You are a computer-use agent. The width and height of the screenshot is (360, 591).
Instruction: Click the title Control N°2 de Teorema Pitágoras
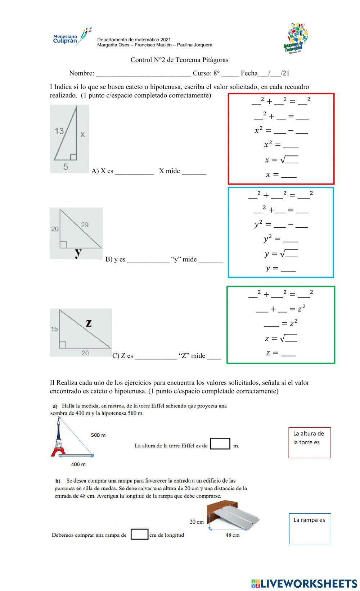tap(179, 60)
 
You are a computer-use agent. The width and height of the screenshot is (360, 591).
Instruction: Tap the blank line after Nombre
tap(143, 74)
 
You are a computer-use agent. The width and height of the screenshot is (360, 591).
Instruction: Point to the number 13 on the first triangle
tap(59, 131)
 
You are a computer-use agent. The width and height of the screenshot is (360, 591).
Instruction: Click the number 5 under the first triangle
tap(66, 167)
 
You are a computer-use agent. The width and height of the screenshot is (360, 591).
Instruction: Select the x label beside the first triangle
tap(82, 135)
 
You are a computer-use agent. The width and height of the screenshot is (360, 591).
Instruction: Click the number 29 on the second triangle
tap(85, 225)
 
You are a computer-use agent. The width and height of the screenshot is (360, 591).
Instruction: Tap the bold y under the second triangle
tap(78, 253)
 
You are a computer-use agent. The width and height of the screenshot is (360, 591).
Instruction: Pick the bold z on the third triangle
tap(89, 323)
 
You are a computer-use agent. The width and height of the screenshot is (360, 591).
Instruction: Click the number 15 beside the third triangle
tap(54, 329)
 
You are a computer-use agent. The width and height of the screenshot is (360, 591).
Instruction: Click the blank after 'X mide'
tap(194, 172)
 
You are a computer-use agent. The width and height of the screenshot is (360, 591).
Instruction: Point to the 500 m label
tap(98, 435)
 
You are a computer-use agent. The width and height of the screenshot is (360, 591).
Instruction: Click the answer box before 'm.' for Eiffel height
tap(220, 444)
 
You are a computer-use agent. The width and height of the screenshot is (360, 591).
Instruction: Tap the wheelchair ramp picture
tap(233, 515)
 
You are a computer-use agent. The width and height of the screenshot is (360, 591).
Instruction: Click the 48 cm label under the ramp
tap(232, 535)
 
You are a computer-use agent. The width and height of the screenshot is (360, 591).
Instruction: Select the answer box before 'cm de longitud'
tap(139, 534)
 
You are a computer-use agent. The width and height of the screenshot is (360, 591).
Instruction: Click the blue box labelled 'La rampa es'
tap(310, 528)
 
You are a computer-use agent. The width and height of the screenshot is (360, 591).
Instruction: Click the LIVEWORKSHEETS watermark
tap(304, 583)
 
